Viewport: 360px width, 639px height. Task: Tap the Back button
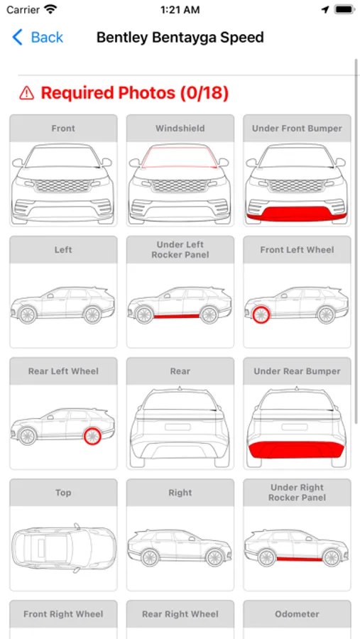tap(38, 38)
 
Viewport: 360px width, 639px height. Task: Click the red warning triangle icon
tap(26, 93)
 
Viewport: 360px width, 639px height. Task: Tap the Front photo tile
tap(63, 170)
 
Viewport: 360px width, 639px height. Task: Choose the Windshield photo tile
tap(180, 170)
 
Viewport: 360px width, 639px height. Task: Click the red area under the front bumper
tap(296, 214)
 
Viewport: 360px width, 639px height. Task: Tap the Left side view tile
tap(63, 292)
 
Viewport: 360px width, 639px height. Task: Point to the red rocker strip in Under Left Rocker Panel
tap(176, 316)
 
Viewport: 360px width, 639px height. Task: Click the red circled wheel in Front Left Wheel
tap(260, 315)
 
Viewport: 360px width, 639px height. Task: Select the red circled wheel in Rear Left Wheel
tap(92, 437)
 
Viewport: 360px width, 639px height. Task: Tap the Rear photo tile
tap(180, 413)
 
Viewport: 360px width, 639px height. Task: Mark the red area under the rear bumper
tap(297, 449)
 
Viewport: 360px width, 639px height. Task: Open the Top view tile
tap(63, 535)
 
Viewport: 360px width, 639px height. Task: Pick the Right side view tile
tap(180, 535)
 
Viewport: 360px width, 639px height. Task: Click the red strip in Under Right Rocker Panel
tap(300, 559)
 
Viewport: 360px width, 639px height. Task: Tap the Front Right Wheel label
tap(63, 613)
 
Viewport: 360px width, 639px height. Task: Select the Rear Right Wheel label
tap(180, 613)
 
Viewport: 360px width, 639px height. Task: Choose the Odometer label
tap(297, 613)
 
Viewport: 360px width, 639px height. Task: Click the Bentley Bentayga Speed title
tap(180, 38)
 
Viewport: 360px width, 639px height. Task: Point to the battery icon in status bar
tap(344, 10)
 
